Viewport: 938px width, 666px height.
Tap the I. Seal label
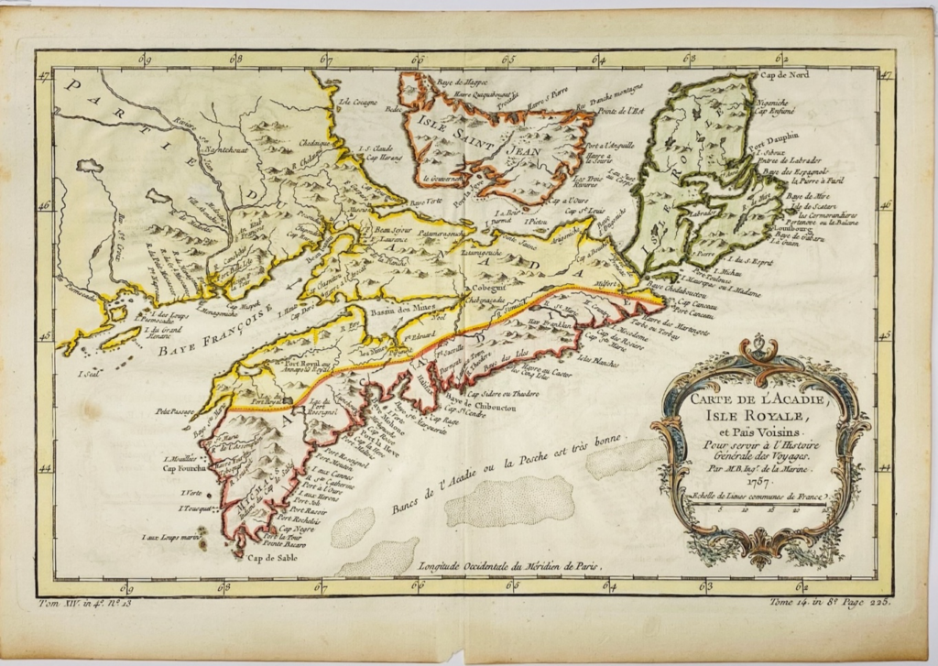[x=89, y=372]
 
